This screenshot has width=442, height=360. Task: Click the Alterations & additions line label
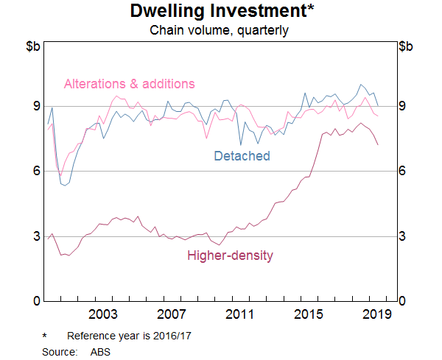coord(130,83)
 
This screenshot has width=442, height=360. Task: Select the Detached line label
coord(242,155)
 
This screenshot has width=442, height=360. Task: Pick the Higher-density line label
coord(230,255)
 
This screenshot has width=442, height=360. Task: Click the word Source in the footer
coord(60,351)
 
